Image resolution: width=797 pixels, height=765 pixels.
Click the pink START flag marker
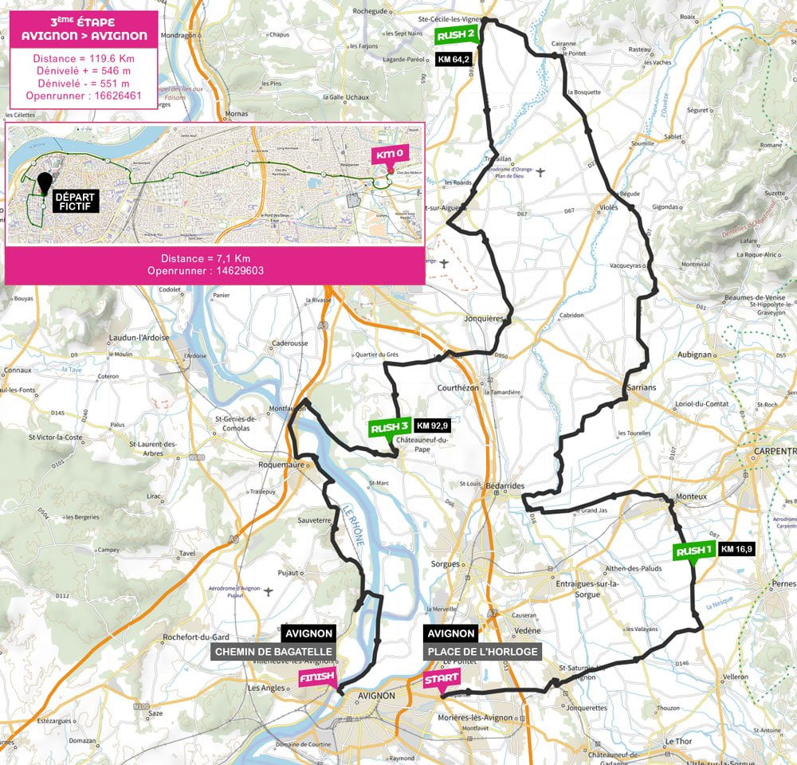[x=441, y=680]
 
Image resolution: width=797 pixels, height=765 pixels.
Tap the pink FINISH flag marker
[x=316, y=677]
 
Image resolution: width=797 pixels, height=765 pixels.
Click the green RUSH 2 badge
[x=457, y=34]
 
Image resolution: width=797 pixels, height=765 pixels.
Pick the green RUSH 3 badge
[x=391, y=428]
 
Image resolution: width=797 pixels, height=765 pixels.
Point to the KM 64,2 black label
[x=455, y=59]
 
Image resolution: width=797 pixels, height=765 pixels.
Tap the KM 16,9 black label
[x=736, y=548]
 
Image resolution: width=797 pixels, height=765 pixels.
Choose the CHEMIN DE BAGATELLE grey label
[x=273, y=651]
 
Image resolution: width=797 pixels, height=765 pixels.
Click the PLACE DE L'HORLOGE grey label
[x=483, y=651]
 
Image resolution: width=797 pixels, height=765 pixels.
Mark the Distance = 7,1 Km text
[x=206, y=258]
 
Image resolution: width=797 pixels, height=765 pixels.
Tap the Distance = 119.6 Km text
[x=84, y=57]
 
